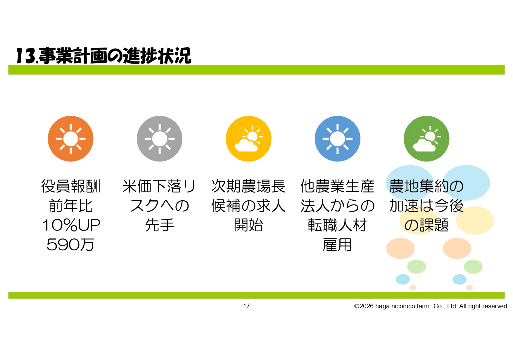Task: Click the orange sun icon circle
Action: point(70,139)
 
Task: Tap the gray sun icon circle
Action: point(160,139)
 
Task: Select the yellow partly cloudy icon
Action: point(248,139)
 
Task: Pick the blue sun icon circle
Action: point(338,139)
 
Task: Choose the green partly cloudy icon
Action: point(426,139)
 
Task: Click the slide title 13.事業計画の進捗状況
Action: point(103,56)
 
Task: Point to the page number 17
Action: point(246,306)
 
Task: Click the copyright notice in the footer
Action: point(431,306)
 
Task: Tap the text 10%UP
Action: point(71,225)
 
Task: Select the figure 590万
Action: point(70,245)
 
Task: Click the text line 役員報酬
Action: point(71,186)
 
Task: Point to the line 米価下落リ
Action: point(159,186)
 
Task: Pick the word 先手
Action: point(160,225)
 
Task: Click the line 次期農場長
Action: point(248,186)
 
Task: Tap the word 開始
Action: point(248,225)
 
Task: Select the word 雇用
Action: point(337,245)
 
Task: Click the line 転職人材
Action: point(337,225)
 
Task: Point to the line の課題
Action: point(426,225)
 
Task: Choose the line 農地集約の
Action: point(426,186)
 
